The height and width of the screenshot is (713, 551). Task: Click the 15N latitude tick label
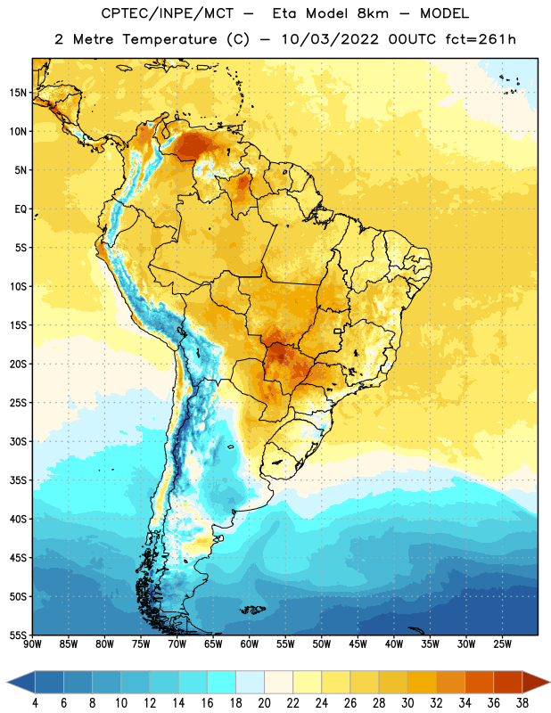18,93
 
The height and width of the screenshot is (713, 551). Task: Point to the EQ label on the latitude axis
21,209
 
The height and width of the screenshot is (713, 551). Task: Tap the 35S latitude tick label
18,480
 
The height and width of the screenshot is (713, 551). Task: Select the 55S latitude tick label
18,635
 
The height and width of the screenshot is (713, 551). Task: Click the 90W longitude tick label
32,644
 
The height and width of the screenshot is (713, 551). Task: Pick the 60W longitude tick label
250,644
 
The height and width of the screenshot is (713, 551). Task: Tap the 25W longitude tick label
502,644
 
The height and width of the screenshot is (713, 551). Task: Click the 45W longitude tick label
358,644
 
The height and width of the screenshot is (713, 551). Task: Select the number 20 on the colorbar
264,703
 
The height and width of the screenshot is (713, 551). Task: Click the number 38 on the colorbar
522,703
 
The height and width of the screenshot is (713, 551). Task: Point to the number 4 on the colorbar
35,703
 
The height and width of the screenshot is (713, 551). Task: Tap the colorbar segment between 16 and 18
221,683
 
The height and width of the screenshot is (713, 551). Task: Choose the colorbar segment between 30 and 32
422,683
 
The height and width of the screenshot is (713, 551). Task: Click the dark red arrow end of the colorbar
536,683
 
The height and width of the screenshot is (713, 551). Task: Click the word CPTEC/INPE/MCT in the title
167,13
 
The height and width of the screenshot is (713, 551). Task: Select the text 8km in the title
373,13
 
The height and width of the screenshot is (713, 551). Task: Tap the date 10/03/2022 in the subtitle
330,39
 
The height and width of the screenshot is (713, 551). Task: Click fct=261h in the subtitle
481,39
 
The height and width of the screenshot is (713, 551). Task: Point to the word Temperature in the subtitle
169,39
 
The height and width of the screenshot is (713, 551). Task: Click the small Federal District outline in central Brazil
338,331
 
